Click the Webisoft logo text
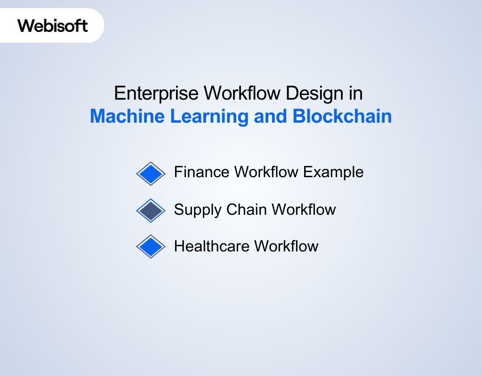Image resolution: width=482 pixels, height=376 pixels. [53, 25]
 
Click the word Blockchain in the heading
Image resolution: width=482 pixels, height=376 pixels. [342, 116]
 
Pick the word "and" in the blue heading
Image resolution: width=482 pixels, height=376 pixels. [271, 116]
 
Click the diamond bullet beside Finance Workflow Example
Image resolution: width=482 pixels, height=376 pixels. [151, 173]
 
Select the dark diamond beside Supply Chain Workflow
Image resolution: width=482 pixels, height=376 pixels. [151, 210]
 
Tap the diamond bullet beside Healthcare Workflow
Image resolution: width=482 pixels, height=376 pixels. [151, 247]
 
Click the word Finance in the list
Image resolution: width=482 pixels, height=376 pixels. [201, 172]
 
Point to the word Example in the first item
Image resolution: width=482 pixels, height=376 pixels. [333, 172]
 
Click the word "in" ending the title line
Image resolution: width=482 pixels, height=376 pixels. [355, 94]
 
